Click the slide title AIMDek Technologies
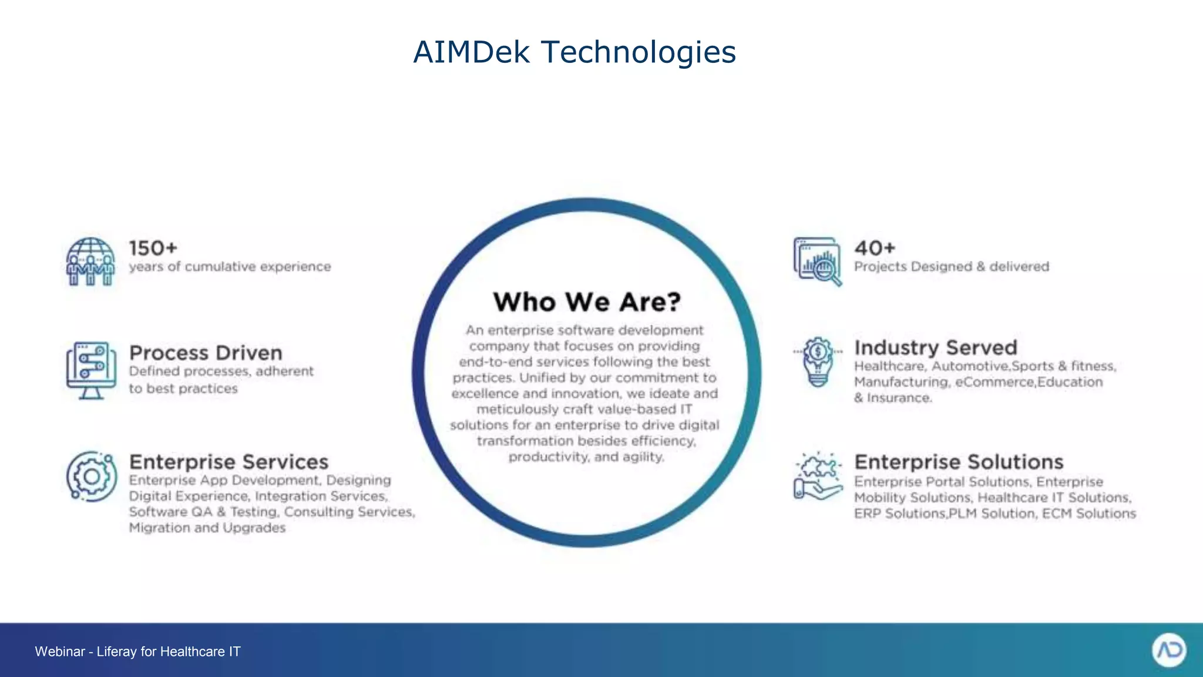pyautogui.click(x=574, y=52)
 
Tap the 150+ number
pyautogui.click(x=153, y=248)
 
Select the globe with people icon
pyautogui.click(x=90, y=262)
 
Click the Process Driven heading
pyautogui.click(x=206, y=353)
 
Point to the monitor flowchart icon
pyautogui.click(x=90, y=371)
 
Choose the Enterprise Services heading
pyautogui.click(x=228, y=462)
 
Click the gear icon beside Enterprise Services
pyautogui.click(x=91, y=476)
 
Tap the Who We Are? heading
pyautogui.click(x=587, y=302)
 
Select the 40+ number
pyautogui.click(x=874, y=248)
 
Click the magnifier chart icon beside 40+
pyautogui.click(x=818, y=262)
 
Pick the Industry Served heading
pyautogui.click(x=935, y=347)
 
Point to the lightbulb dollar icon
pyautogui.click(x=818, y=362)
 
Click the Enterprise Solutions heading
pyautogui.click(x=959, y=462)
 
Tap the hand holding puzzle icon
pyautogui.click(x=818, y=476)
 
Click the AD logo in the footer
pyautogui.click(x=1169, y=650)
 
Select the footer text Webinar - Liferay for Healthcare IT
pyautogui.click(x=137, y=652)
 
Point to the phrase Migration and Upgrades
pyautogui.click(x=207, y=528)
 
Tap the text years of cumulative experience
pyautogui.click(x=230, y=267)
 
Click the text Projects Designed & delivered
pyautogui.click(x=951, y=267)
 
